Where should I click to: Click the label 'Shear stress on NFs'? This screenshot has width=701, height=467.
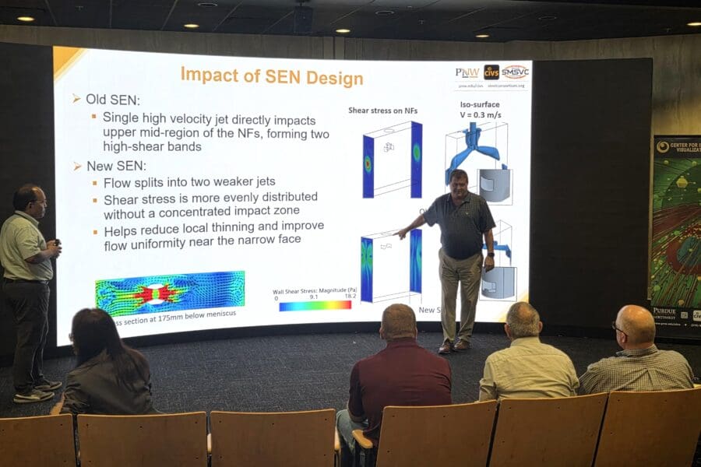[x=382, y=111]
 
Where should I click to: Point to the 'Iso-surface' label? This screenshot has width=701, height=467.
[x=480, y=104]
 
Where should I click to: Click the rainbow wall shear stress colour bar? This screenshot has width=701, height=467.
[x=315, y=305]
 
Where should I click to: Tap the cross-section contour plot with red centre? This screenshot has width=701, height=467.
[x=170, y=293]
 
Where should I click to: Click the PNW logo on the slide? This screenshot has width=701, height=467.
[x=467, y=72]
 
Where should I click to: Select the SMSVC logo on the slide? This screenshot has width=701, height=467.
[x=515, y=72]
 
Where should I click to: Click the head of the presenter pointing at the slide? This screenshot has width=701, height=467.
[x=459, y=181]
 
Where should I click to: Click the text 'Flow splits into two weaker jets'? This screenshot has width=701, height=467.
[x=188, y=182]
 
